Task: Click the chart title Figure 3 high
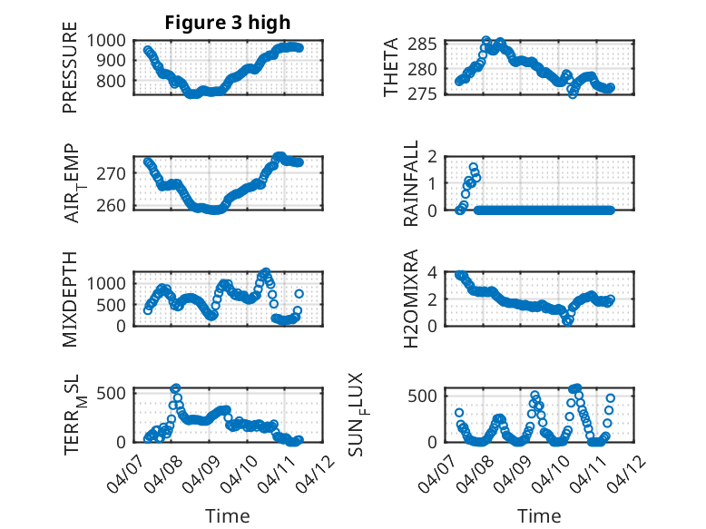pos(228,23)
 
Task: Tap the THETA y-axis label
pos(391,67)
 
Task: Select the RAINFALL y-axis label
pos(411,183)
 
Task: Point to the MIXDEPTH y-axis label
pos(71,299)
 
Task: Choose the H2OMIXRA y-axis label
pos(411,299)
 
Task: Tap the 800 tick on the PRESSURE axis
pos(115,81)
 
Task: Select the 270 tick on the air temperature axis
pos(115,172)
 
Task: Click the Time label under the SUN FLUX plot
pos(539,515)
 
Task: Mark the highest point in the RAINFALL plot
pos(474,168)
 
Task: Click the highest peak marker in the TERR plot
pos(176,388)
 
